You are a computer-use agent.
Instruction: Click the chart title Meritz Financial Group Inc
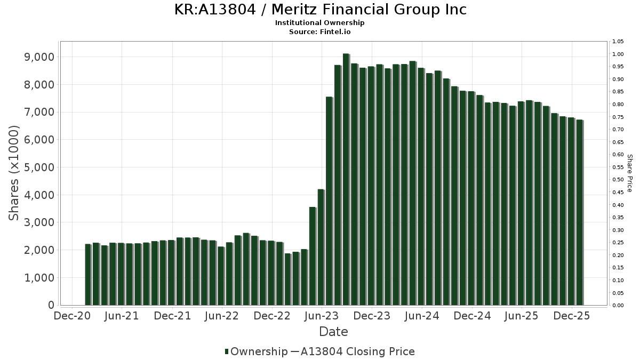click(x=320, y=10)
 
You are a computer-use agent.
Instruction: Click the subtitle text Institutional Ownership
click(x=320, y=23)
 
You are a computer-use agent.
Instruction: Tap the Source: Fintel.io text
click(x=320, y=32)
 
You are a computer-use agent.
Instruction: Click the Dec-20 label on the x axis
click(x=72, y=316)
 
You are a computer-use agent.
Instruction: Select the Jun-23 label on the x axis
click(x=322, y=316)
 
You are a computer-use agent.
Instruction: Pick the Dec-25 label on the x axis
click(x=571, y=316)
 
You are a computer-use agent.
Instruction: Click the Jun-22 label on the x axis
click(x=221, y=316)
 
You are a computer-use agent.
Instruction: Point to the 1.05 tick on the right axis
click(x=618, y=42)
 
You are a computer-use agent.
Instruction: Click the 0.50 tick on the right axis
click(x=618, y=180)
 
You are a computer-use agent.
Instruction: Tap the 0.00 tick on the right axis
click(x=618, y=306)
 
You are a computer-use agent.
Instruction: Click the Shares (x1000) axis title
click(x=14, y=173)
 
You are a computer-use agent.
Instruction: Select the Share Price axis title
click(x=629, y=173)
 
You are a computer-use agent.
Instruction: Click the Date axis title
click(x=333, y=332)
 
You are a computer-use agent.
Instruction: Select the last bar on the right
click(x=579, y=213)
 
